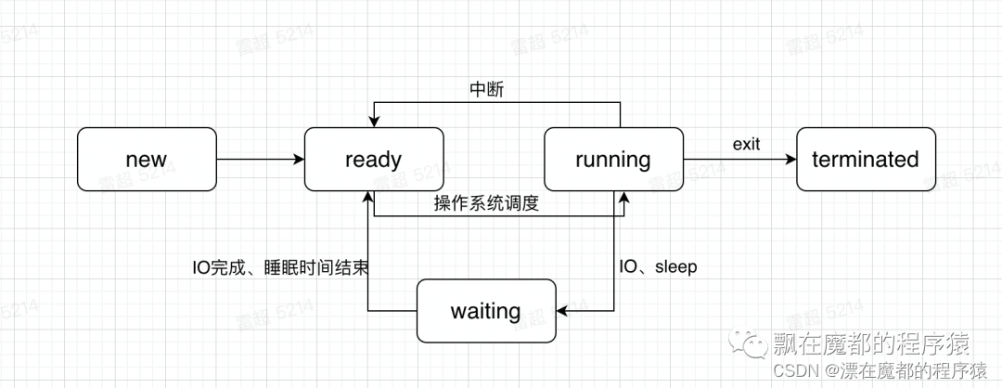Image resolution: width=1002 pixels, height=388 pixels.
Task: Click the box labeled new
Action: [x=146, y=160]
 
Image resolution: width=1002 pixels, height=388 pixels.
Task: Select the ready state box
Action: [x=374, y=160]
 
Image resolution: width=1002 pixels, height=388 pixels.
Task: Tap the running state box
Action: [x=612, y=160]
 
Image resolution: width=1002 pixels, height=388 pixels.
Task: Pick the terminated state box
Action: [x=865, y=160]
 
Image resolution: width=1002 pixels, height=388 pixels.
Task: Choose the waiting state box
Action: [x=485, y=310]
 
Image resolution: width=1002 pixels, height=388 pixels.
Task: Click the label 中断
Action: [x=487, y=90]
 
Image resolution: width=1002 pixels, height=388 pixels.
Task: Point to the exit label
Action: [x=747, y=144]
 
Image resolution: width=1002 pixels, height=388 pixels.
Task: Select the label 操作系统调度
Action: [x=486, y=203]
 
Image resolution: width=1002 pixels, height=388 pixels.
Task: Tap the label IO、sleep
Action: [x=658, y=267]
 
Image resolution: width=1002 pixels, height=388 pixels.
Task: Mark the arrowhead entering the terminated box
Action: [x=790, y=160]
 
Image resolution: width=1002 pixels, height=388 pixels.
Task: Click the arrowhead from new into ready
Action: [x=299, y=160]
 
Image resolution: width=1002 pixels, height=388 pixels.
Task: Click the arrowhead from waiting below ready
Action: [x=368, y=198]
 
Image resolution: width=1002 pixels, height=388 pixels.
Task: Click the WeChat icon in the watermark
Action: [x=750, y=346]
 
